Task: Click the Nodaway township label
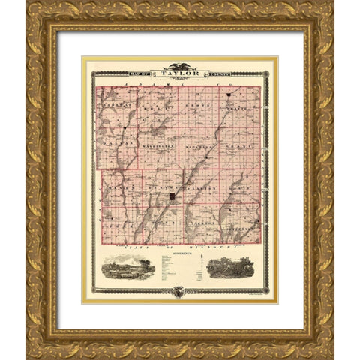pos(112,106)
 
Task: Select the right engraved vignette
pos(229,267)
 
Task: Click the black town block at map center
pos(172,196)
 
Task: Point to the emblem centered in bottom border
pos(178,292)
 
